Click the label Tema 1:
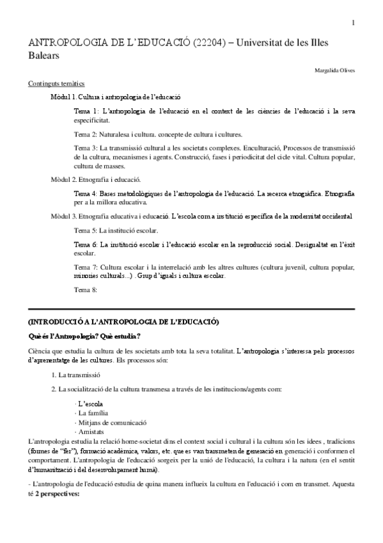86,111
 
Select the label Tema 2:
86,135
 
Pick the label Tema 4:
86,193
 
